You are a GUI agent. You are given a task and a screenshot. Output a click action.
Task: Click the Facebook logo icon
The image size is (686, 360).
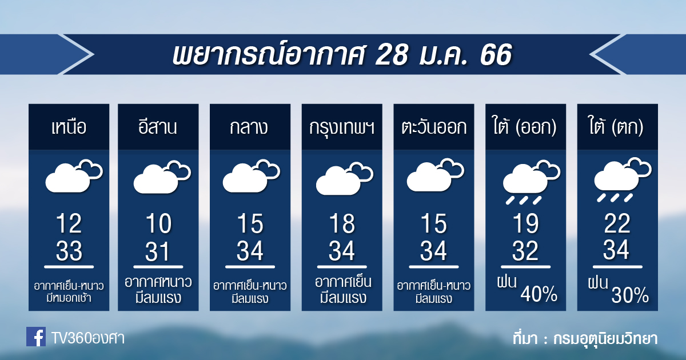pyautogui.click(x=36, y=337)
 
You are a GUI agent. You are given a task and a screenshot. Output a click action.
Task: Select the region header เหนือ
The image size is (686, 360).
pyautogui.click(x=69, y=127)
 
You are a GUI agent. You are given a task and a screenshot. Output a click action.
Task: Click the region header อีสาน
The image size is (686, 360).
pyautogui.click(x=158, y=126)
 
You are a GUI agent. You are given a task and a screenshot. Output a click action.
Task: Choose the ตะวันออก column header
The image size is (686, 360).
pyautogui.click(x=434, y=127)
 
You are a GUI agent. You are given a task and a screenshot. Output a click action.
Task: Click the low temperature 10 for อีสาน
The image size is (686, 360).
pyautogui.click(x=158, y=224)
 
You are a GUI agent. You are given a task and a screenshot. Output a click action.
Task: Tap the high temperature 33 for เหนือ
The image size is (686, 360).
pyautogui.click(x=69, y=251)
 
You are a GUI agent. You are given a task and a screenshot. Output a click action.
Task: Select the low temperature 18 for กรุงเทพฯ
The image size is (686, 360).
pyautogui.click(x=342, y=224)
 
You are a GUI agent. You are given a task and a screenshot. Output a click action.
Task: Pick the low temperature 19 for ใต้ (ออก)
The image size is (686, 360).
pyautogui.click(x=525, y=224)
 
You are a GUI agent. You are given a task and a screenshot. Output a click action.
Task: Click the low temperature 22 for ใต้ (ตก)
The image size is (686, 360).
pyautogui.click(x=617, y=223)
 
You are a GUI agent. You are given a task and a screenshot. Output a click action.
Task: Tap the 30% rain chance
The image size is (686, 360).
pyautogui.click(x=630, y=294)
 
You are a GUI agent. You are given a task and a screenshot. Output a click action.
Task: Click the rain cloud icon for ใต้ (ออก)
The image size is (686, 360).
pyautogui.click(x=531, y=182)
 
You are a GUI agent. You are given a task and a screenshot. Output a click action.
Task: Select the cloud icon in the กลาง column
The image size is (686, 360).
pyautogui.click(x=251, y=176)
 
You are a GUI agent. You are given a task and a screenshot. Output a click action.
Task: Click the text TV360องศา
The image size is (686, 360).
pyautogui.click(x=88, y=338)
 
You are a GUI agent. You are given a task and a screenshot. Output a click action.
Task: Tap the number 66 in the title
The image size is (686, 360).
pyautogui.click(x=496, y=54)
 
